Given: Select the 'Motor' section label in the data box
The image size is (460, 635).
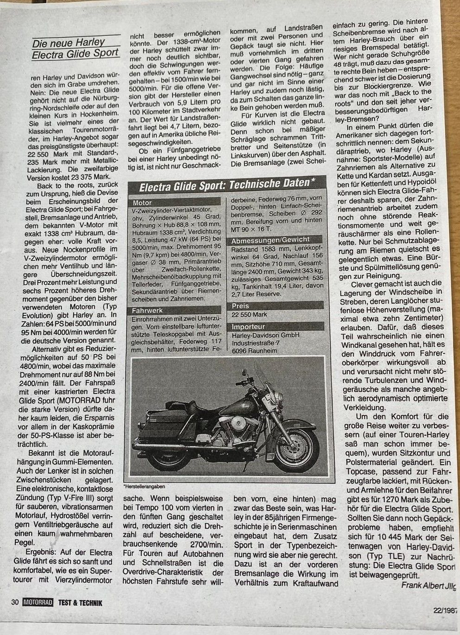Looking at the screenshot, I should coord(142,203).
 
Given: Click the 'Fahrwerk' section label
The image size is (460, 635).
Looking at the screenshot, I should coord(147,310).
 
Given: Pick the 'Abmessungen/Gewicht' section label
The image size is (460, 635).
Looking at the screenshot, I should coord(264,241).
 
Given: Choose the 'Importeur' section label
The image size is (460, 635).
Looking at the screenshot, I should coord(249,326).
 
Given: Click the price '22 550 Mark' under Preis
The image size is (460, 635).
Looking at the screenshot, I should coord(251,315).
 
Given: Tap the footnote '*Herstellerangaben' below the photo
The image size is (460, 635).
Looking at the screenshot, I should coord(144,487).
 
